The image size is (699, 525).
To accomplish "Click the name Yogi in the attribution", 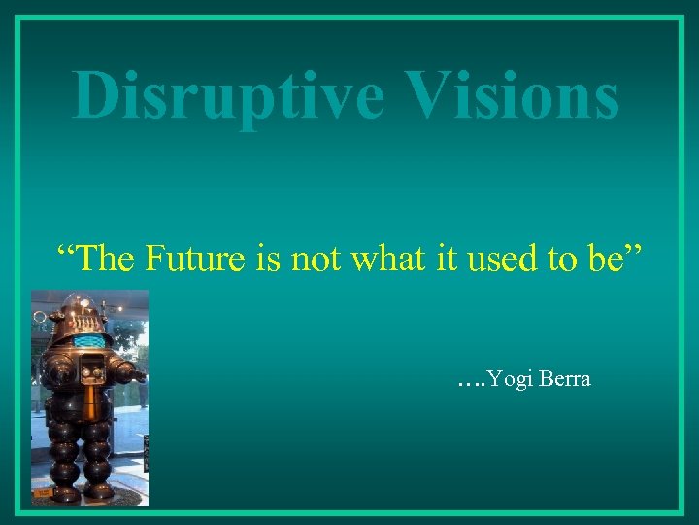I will tap(509, 379).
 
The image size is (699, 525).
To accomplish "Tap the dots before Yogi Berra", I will tap(469, 382).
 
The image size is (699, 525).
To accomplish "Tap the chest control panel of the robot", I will tap(92, 370).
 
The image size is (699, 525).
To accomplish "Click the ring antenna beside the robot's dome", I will tap(39, 317).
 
